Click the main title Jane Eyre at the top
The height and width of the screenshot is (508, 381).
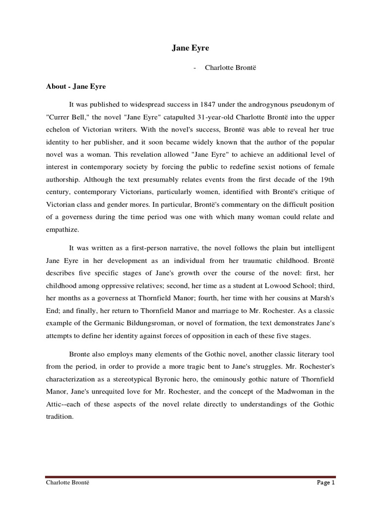click(x=190, y=48)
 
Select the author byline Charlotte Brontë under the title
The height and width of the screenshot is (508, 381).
click(x=226, y=68)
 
